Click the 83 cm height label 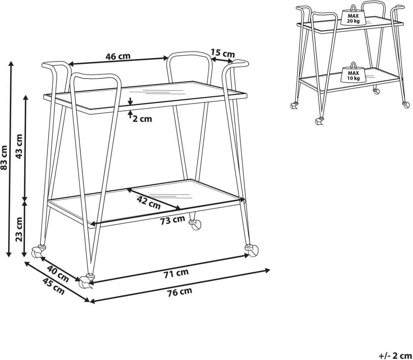[4, 158]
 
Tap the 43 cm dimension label [19, 146]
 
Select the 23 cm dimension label [19, 229]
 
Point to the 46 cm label [118, 56]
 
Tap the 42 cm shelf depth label [149, 202]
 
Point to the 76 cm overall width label [180, 292]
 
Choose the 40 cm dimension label [58, 274]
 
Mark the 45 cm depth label [53, 286]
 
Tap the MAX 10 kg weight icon [353, 72]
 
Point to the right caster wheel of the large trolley [252, 250]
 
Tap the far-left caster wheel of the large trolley [38, 252]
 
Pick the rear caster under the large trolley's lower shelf [196, 224]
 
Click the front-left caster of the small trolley [319, 122]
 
